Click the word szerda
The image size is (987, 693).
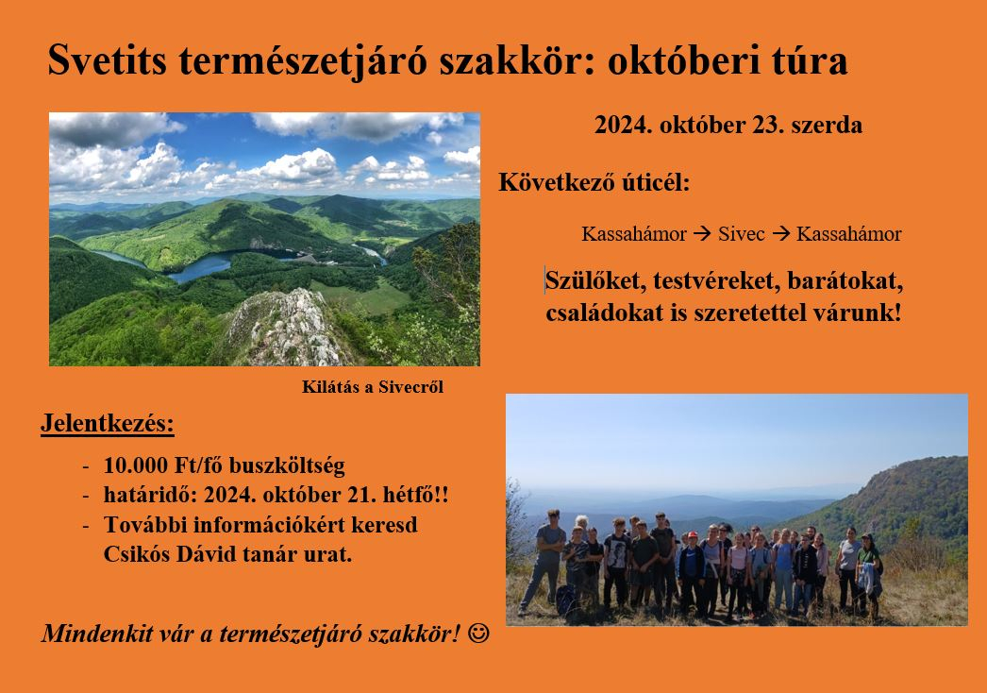click(x=827, y=125)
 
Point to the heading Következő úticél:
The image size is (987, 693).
click(x=594, y=183)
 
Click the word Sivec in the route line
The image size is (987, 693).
click(x=741, y=234)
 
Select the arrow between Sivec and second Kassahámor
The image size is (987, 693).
click(x=780, y=234)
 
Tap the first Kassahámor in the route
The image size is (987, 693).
click(x=634, y=234)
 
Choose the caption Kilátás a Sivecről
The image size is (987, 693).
click(x=373, y=387)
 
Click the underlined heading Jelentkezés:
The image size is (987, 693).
click(x=107, y=423)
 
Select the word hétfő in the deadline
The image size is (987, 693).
click(x=409, y=495)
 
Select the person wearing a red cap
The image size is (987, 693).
click(x=692, y=570)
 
